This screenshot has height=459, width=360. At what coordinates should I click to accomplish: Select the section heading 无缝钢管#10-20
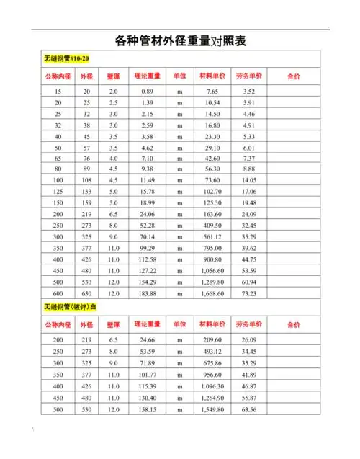tap(67, 59)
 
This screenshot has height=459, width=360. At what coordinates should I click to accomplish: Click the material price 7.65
tap(212, 92)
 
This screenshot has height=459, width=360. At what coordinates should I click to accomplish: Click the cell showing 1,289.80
tap(212, 281)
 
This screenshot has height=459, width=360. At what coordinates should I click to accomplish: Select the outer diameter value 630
tap(86, 294)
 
